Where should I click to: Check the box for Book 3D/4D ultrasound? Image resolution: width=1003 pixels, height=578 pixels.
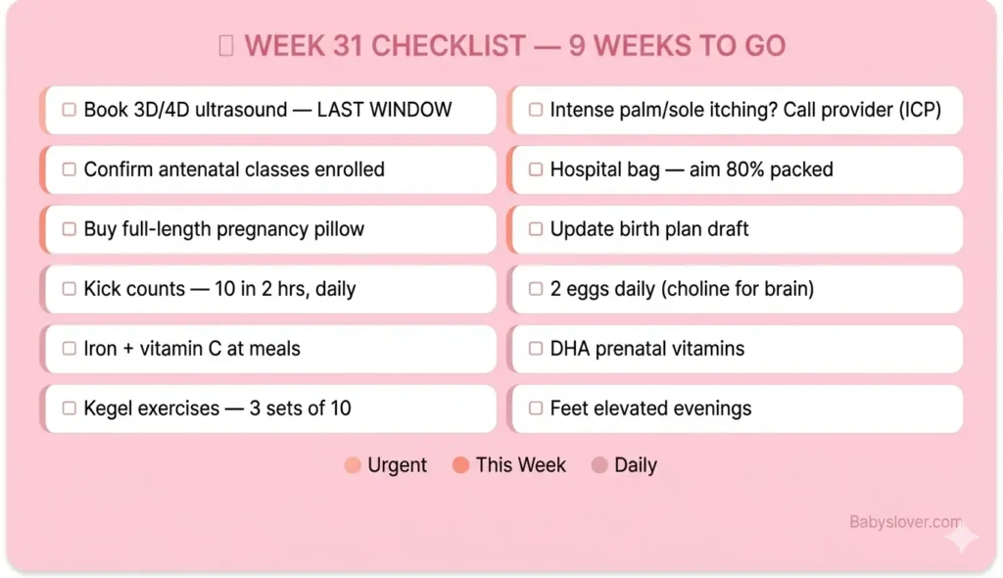(x=70, y=110)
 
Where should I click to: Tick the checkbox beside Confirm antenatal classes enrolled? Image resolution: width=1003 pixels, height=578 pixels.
(x=70, y=169)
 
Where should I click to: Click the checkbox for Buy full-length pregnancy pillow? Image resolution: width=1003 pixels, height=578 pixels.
(x=70, y=229)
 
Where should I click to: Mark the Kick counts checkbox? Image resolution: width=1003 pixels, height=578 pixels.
(x=70, y=289)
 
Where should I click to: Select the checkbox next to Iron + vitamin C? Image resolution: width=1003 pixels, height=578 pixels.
(x=70, y=349)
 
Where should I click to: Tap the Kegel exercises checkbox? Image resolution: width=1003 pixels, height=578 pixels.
(x=70, y=409)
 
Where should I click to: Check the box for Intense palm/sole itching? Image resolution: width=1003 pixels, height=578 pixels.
(x=536, y=110)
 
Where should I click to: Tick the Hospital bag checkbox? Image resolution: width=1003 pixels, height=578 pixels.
(x=536, y=169)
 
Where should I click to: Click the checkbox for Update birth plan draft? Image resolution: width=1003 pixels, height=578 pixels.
(x=536, y=229)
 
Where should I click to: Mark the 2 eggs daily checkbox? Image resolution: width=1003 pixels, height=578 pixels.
(x=536, y=289)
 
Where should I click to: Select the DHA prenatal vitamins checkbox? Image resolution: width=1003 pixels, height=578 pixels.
(x=536, y=349)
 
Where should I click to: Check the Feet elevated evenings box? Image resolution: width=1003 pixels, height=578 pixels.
(x=536, y=409)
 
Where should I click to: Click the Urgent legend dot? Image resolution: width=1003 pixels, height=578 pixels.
(x=353, y=465)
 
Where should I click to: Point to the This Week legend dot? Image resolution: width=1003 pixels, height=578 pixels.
(x=460, y=465)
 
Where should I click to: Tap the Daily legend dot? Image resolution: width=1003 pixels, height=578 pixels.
(x=599, y=465)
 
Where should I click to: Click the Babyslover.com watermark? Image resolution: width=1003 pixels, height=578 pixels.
(x=904, y=523)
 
